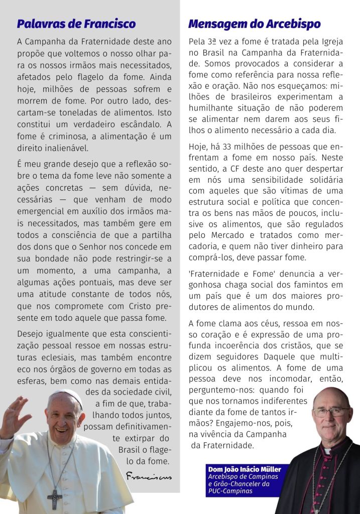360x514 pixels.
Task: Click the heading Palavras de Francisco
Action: pos(76,24)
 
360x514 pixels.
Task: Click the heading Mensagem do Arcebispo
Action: pos(254,24)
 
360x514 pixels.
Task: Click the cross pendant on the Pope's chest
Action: pos(54,498)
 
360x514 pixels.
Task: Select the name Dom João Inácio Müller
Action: pos(245,469)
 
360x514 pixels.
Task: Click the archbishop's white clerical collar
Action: pos(328,451)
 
